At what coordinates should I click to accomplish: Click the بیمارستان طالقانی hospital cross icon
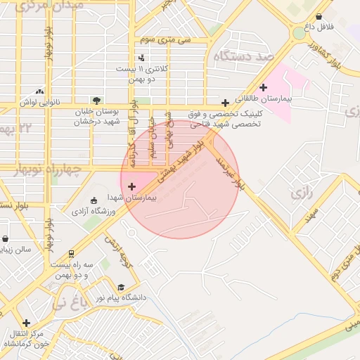coord(264,88)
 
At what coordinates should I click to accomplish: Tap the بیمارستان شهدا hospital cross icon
coord(132,186)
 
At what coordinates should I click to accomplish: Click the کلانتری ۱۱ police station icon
coord(142,58)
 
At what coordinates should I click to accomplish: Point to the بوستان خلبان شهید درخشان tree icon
coord(96,100)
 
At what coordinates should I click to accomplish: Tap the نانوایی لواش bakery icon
coord(39,91)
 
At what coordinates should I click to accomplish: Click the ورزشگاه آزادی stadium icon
coord(94,200)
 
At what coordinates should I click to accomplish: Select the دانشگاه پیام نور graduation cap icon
coord(121,288)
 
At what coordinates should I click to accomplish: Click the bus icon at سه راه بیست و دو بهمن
coord(71,254)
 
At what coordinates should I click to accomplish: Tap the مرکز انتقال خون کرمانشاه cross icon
coord(27,323)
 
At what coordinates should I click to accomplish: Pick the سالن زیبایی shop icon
coord(6,239)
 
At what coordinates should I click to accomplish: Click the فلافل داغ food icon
coord(319,16)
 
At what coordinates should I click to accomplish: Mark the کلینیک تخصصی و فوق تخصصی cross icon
coord(225,102)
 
